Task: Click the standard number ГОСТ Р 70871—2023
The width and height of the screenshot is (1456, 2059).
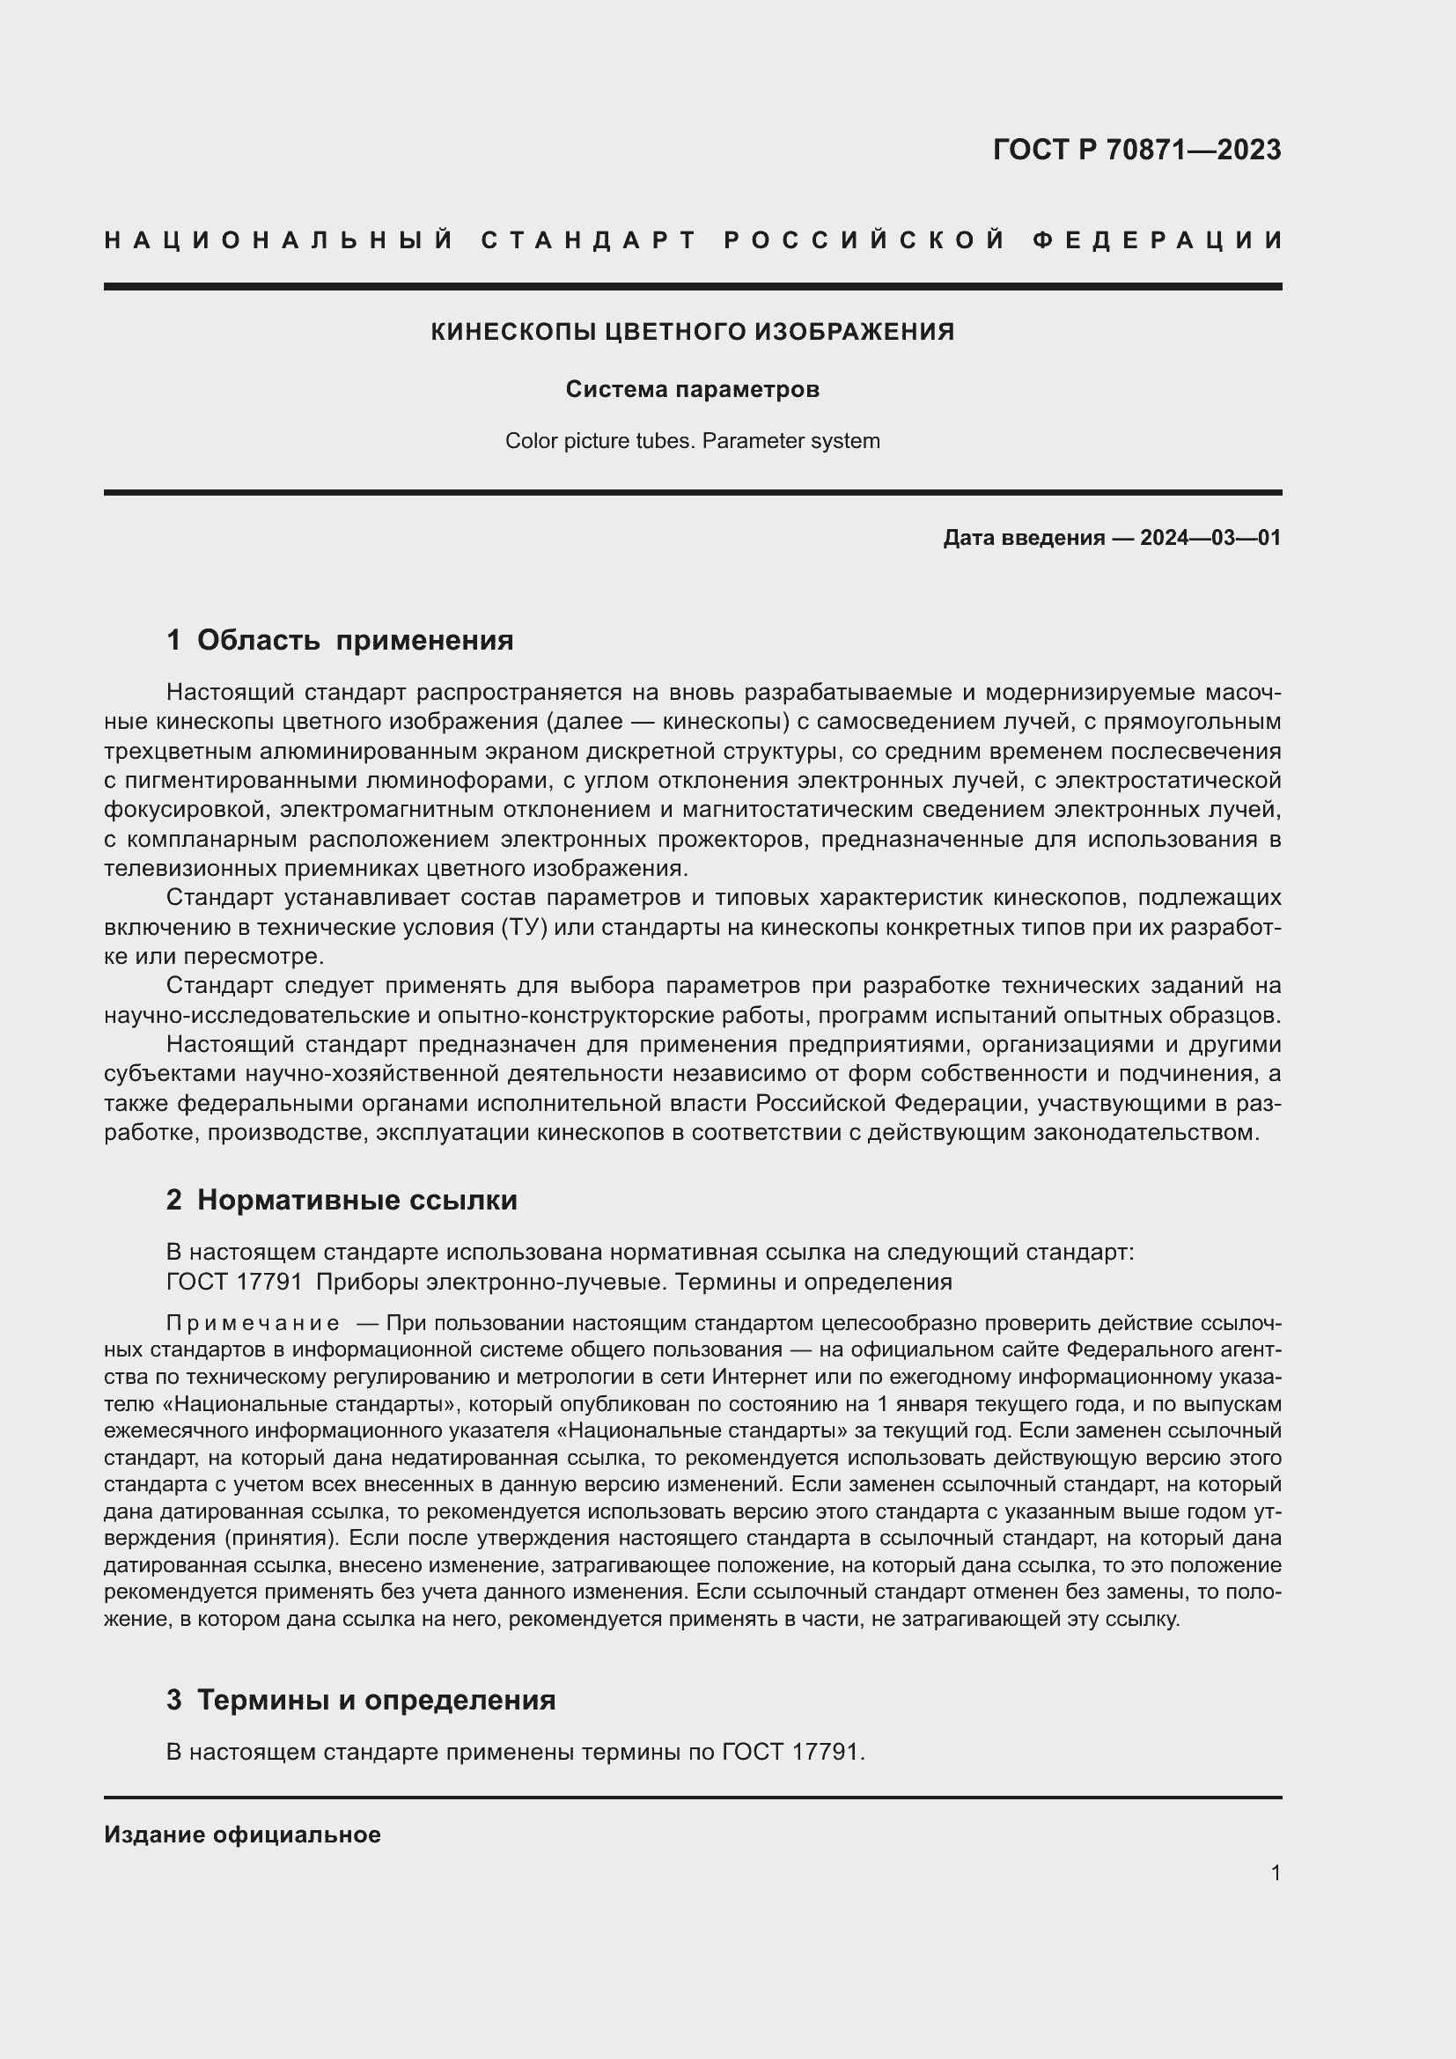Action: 1136,150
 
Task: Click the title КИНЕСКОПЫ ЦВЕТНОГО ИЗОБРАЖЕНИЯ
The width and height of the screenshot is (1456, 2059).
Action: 692,332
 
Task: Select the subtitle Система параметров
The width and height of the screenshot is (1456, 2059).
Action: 692,389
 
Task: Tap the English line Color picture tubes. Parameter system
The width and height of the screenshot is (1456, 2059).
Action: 692,441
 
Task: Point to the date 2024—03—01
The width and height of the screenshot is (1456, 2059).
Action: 1210,538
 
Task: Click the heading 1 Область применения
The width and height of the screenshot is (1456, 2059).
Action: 340,640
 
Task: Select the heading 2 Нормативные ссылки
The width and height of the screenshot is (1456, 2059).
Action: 342,1200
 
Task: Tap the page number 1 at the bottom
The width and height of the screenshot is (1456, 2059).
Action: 1276,1872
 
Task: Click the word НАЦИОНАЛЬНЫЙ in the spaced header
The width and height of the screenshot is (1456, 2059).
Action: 279,240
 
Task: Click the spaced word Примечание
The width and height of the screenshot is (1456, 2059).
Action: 253,1324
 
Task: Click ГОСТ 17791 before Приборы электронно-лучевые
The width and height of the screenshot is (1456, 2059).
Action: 234,1282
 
